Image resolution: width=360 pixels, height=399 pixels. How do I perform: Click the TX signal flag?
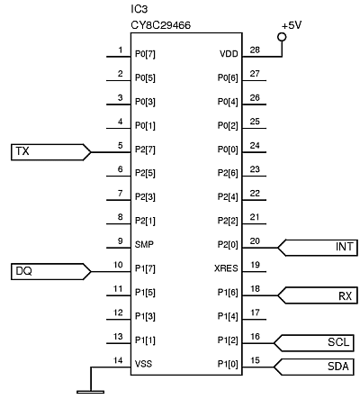pos(50,152)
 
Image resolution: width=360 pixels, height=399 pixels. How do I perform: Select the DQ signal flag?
pos(50,272)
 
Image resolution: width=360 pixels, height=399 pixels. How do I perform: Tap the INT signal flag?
pos(318,248)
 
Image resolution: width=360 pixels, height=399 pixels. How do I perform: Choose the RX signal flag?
pos(318,295)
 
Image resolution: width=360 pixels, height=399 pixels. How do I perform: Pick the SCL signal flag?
pos(313,343)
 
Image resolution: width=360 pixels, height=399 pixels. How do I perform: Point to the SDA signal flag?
pos(313,367)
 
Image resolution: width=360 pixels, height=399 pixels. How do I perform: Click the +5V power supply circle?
pos(282,37)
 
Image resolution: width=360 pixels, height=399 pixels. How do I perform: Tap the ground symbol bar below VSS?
pos(91,392)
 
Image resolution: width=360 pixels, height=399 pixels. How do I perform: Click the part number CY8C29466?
pos(160,25)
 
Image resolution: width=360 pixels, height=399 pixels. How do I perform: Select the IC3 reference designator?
pos(139,9)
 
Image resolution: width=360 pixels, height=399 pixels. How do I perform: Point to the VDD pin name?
pos(229,54)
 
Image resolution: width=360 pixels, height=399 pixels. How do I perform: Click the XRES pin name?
pos(226,268)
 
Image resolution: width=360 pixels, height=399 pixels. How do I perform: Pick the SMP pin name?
pos(144,244)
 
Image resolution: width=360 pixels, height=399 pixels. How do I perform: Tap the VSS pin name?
pos(143,364)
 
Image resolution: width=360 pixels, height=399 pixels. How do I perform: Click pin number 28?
pos(255,50)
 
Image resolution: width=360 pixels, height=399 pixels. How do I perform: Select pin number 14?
pos(118,360)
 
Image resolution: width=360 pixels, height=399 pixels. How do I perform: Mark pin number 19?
pos(255,265)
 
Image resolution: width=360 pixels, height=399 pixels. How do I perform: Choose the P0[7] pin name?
pos(145,54)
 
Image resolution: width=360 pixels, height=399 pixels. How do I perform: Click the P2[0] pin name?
pos(228,245)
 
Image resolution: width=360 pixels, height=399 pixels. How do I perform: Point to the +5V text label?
pos(292,25)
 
